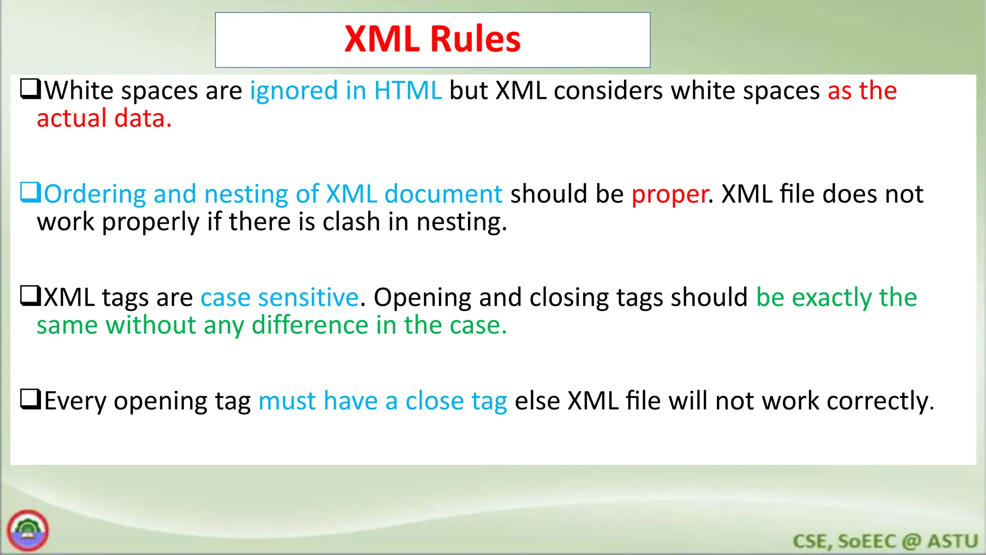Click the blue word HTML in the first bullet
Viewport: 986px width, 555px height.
coord(408,91)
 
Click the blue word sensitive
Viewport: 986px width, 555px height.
coord(309,298)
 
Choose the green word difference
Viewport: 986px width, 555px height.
coord(310,325)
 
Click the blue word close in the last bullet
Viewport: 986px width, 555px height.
coord(434,401)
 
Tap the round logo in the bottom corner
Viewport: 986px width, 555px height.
coord(28,530)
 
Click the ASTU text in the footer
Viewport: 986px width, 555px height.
coord(953,542)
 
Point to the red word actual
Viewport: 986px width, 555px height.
coord(71,119)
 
